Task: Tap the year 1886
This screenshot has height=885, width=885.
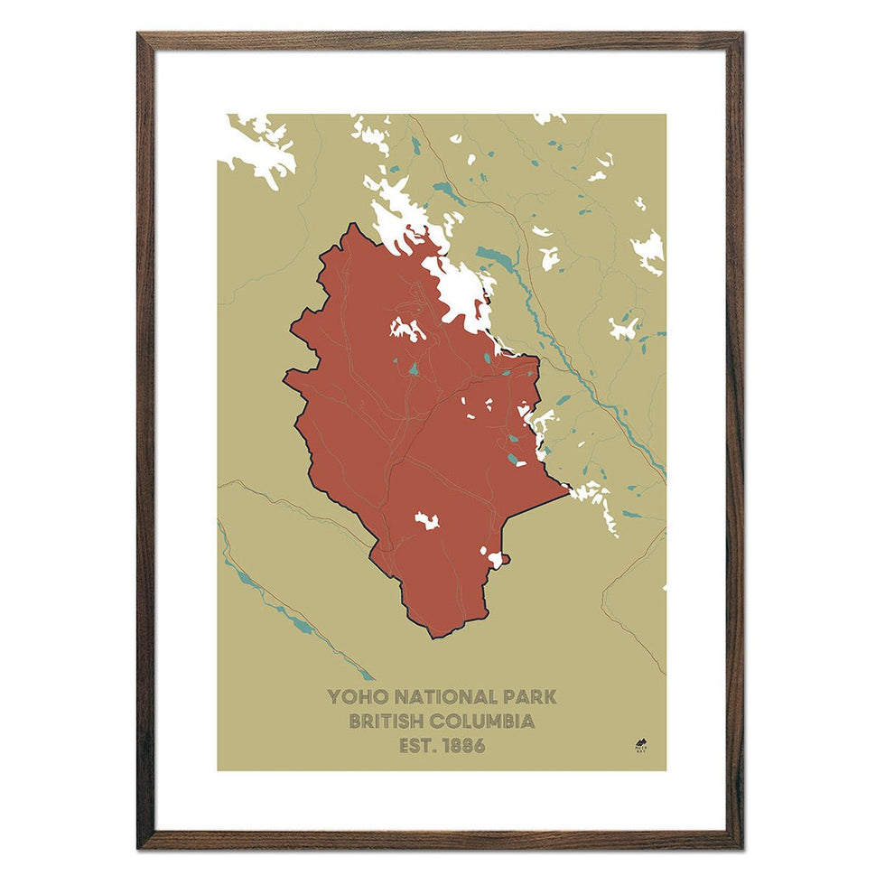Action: click(x=465, y=746)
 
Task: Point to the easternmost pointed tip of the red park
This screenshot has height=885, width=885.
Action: click(x=568, y=491)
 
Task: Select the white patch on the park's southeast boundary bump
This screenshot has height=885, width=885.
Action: click(x=493, y=557)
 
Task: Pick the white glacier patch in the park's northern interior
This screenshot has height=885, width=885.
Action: click(x=407, y=329)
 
